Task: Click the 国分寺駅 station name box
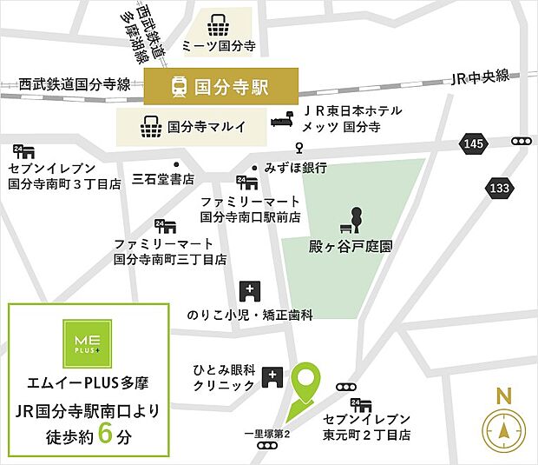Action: point(221,87)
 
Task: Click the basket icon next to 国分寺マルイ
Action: point(150,127)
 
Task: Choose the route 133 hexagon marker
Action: point(499,188)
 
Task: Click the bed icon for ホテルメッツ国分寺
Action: point(284,119)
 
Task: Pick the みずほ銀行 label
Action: point(296,168)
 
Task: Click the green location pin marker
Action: point(305,382)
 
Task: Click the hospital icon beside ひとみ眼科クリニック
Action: point(272,376)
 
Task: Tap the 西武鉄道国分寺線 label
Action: point(75,84)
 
